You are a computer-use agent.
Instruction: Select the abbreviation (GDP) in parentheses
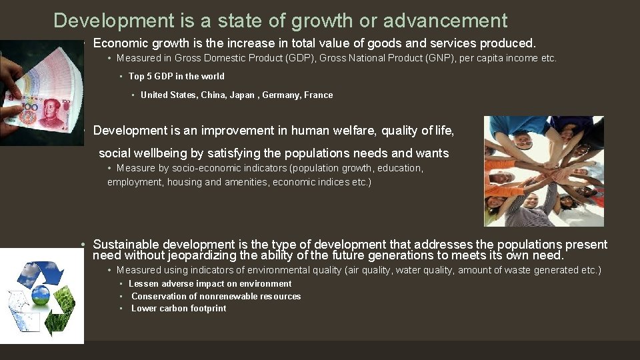point(298,58)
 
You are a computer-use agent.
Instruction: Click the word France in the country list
point(318,95)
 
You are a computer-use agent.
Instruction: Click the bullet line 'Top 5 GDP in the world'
point(176,76)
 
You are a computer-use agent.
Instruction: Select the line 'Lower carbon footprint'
point(178,308)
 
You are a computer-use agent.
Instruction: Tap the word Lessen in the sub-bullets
point(143,283)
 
